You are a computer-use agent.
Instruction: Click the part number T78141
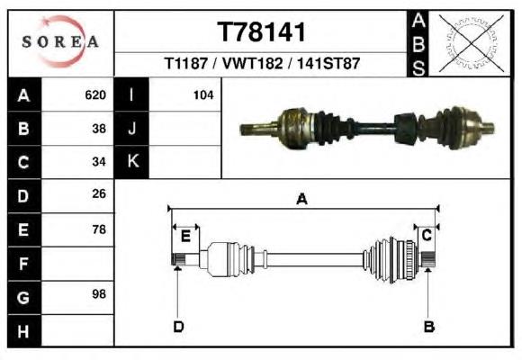tap(261, 32)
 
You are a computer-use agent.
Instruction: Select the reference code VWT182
tap(252, 63)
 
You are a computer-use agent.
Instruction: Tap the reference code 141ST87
tap(328, 63)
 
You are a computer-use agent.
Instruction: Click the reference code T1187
tap(186, 63)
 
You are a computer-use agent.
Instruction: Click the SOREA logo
tap(60, 41)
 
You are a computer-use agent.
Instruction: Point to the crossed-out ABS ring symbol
tap(471, 43)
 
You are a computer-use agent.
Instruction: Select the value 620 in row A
tap(95, 95)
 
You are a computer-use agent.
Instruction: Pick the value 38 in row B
tap(99, 129)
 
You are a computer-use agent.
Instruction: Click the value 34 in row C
tap(99, 162)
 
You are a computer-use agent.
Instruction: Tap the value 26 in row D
tap(99, 193)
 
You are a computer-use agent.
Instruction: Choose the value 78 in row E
tap(99, 229)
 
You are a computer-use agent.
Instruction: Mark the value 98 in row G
tap(99, 294)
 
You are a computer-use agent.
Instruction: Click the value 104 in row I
tap(203, 95)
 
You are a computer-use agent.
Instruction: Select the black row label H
tap(23, 331)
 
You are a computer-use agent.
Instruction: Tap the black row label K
tap(132, 161)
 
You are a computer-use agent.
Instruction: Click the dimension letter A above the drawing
tap(301, 199)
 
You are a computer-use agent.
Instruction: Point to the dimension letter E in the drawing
tap(185, 237)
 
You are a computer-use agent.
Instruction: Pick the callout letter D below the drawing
tap(178, 327)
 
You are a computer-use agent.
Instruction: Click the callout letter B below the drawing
tap(429, 327)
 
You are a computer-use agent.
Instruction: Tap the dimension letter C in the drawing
tap(427, 236)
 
